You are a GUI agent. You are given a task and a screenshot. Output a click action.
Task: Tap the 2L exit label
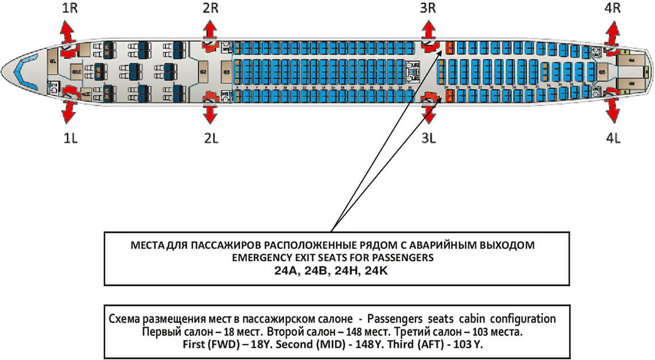[210, 138]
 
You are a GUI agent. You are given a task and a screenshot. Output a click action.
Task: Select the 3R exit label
[428, 9]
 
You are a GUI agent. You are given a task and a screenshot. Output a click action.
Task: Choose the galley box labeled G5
[602, 72]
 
